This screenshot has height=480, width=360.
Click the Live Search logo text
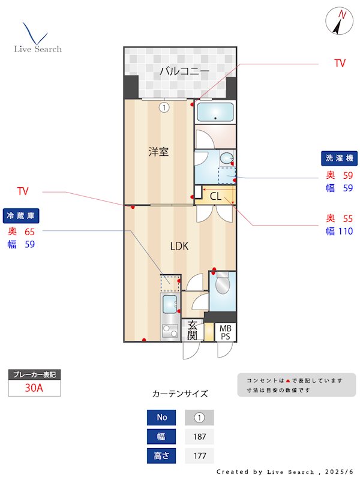coord(38,49)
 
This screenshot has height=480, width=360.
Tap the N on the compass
coord(342,14)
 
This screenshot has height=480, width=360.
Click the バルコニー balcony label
coord(185,71)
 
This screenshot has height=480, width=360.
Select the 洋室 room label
coord(158,152)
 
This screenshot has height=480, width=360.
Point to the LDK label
coord(179,246)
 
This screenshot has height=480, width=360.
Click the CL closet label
coord(215,196)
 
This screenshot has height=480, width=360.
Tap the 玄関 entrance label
coord(192,331)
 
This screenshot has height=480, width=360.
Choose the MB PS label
coord(226,332)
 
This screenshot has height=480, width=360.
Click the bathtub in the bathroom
coord(215,112)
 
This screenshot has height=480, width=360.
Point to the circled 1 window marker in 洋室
coord(164,107)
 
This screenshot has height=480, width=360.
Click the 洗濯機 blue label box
coord(339,158)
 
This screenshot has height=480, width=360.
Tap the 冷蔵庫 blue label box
coord(21,216)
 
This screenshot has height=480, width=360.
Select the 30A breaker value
coord(34,388)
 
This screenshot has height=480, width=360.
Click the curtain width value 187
coord(199,437)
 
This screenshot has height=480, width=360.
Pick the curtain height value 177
coord(199,456)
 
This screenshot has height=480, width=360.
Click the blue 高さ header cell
coord(161,456)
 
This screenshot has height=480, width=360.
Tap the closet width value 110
coord(346,231)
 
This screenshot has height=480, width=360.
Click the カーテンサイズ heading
coord(180,394)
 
